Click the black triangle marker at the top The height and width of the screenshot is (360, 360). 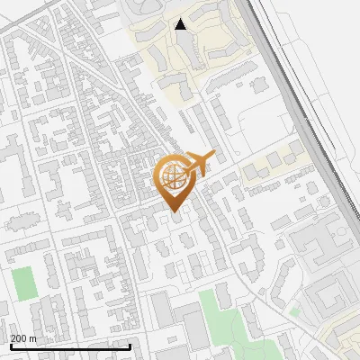182,24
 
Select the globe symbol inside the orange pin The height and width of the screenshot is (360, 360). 173,178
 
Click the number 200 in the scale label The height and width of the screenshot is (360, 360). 18,337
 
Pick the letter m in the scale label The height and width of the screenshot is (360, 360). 32,337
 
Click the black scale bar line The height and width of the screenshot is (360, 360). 70,346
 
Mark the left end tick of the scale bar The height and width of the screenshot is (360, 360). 10,346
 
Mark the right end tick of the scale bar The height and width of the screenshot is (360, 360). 130,346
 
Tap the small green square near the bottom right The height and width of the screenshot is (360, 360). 294,311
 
